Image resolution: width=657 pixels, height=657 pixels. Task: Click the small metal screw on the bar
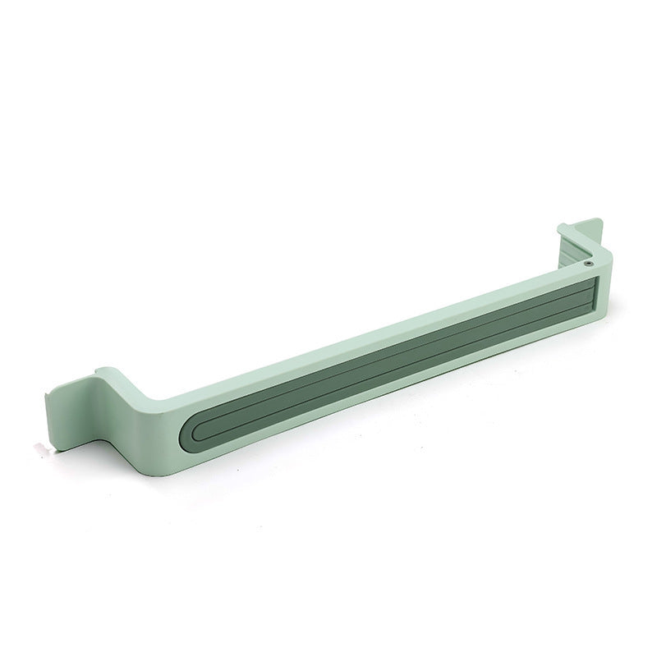590,264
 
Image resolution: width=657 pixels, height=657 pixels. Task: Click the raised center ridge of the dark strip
386,361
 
